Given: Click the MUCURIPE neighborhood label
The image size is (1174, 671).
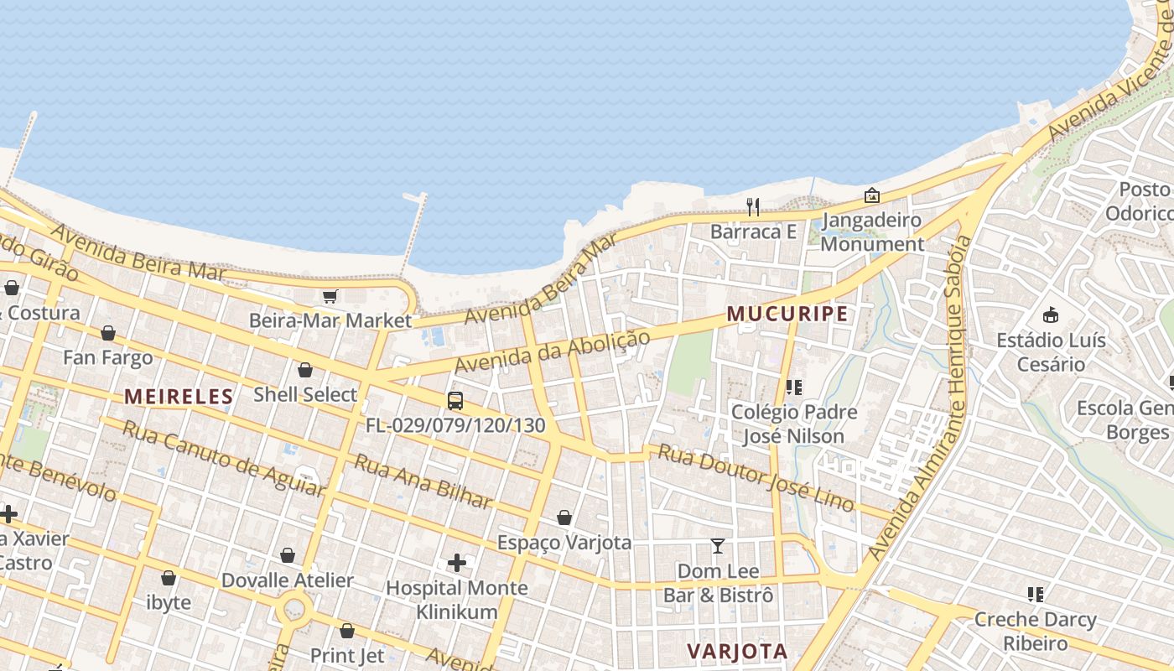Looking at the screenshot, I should pos(787,315).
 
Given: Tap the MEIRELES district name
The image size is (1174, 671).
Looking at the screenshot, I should pos(179,397).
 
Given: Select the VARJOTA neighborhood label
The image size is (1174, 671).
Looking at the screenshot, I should pos(737,651).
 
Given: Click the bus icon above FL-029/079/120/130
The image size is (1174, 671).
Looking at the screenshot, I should pos(455,401).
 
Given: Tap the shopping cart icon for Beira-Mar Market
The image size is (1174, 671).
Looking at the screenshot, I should pos(330,296).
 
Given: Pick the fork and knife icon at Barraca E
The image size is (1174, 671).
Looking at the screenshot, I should pos(753,207).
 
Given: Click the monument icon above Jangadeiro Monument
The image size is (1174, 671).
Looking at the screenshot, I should pos(872,195).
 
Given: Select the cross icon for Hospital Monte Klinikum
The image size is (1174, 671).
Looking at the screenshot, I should pos(456,563).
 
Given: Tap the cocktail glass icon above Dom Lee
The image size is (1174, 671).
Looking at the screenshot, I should pos(717,547).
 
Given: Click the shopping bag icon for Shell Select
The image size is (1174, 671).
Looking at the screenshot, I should pos(305,370).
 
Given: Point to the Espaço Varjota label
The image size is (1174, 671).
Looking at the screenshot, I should pos(564,543).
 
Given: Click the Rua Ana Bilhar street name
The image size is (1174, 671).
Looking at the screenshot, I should pos(422,482).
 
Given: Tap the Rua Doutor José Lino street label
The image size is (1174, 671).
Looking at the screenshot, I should pos(756,478).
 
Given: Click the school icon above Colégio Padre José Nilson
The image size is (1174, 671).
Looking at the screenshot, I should pos(793,388).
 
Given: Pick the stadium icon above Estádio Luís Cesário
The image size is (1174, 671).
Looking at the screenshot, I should pos(1050,315).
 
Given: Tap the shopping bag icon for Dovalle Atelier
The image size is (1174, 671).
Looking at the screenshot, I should pos(288,555).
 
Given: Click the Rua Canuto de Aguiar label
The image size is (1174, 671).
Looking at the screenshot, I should pos(222,458).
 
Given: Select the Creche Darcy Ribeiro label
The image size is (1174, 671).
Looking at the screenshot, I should pos(1035,632).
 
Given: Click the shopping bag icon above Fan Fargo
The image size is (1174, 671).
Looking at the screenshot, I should pos(108,334).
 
